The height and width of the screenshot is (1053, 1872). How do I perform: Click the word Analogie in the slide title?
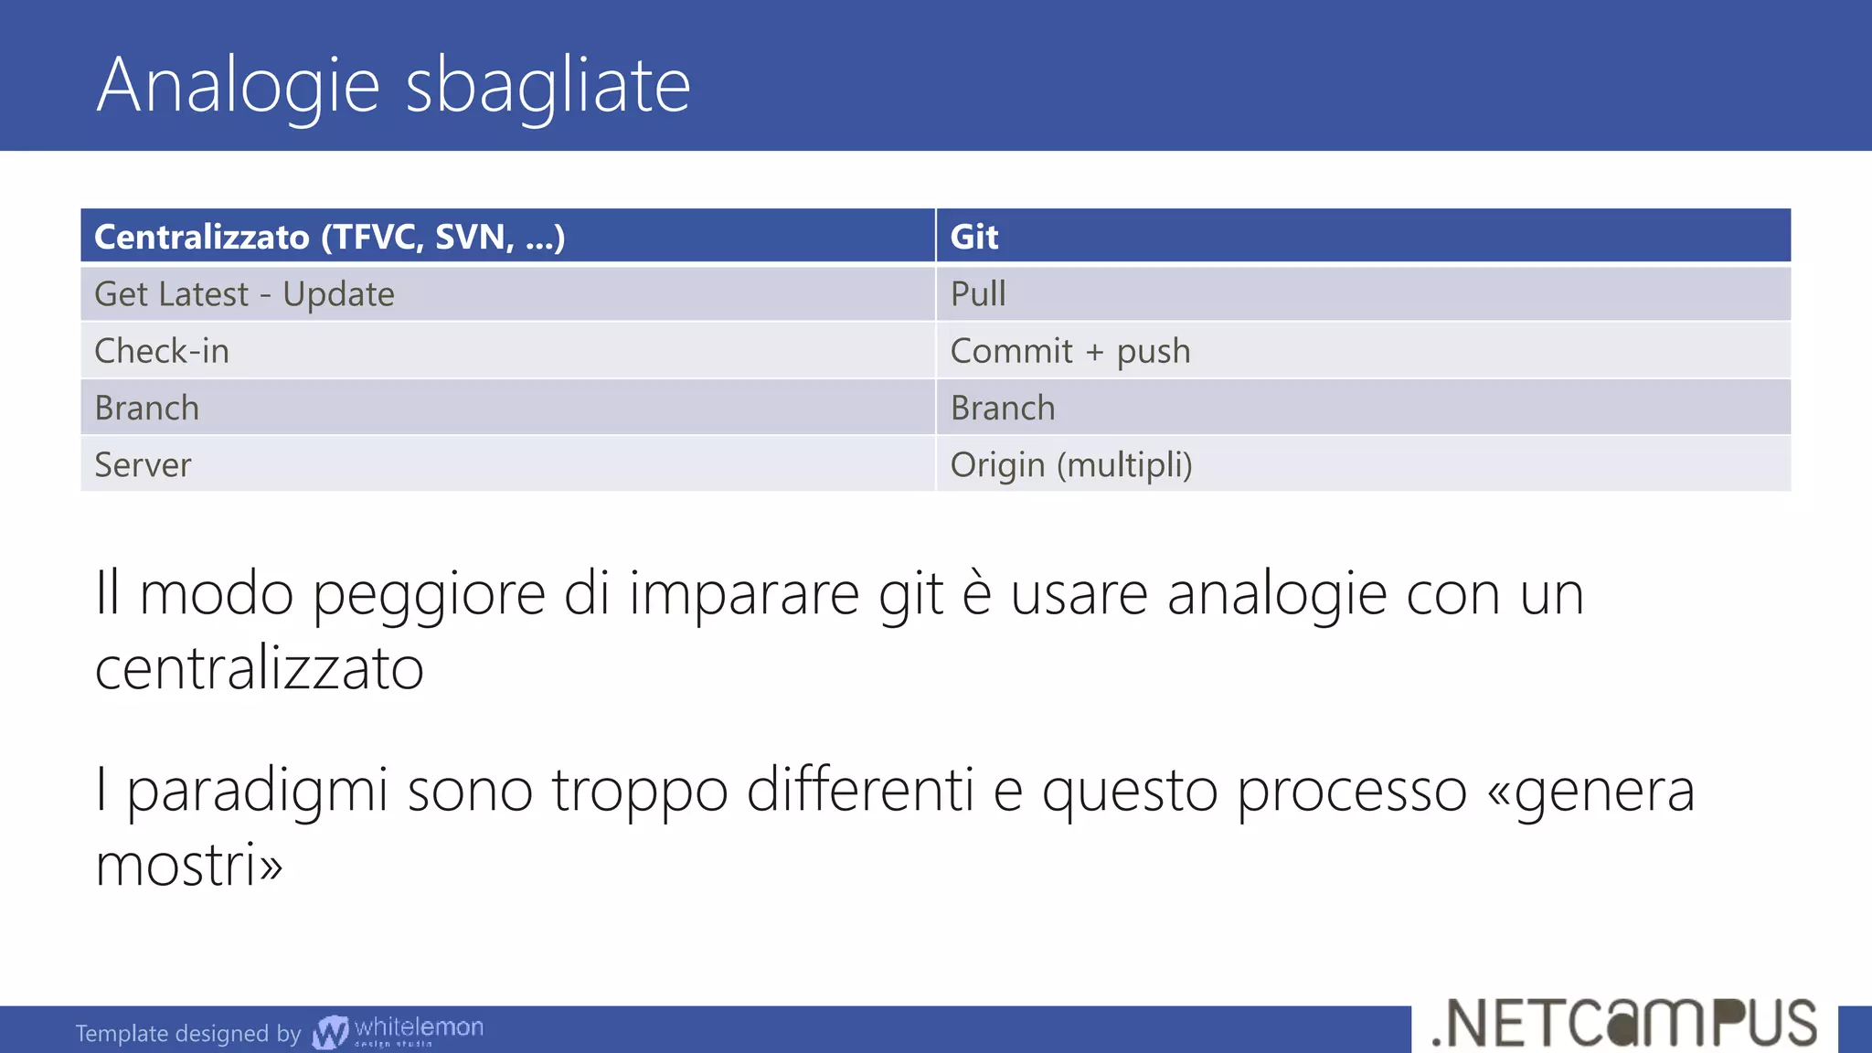tap(238, 86)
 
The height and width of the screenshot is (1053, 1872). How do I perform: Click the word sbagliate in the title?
tap(548, 86)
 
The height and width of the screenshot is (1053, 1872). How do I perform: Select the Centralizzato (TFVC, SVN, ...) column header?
tap(329, 237)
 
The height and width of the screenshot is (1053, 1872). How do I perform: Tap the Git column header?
tap(974, 237)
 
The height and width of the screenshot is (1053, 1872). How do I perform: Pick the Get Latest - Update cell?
tap(244, 294)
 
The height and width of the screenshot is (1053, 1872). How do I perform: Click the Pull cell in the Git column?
tap(978, 294)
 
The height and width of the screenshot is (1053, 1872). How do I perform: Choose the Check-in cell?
tap(162, 351)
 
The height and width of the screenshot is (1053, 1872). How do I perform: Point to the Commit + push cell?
tap(1070, 351)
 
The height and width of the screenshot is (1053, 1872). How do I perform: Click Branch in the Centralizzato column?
tap(146, 408)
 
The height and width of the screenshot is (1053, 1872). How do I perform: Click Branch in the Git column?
tap(1003, 408)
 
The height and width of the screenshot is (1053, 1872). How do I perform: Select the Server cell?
tap(143, 465)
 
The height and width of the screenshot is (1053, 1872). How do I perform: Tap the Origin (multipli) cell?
tap(1071, 465)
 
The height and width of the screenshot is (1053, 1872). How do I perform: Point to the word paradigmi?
tap(257, 792)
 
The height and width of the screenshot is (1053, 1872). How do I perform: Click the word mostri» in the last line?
tap(189, 865)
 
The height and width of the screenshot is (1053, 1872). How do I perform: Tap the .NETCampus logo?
tap(1624, 1023)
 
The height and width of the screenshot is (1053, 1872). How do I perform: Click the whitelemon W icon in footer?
tap(330, 1032)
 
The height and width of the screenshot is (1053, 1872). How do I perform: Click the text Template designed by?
tap(187, 1034)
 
